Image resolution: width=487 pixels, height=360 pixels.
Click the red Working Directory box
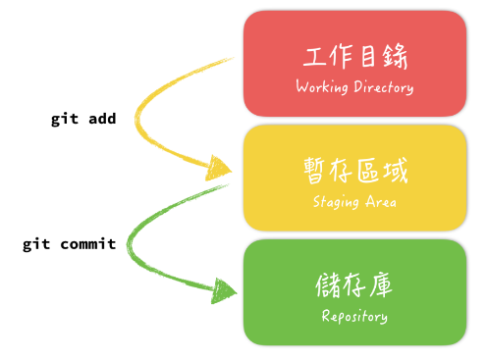tap(354, 64)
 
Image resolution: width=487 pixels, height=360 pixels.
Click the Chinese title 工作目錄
tap(354, 55)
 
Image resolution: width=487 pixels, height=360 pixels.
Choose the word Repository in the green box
tap(354, 317)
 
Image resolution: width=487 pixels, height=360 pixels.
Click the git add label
tap(83, 119)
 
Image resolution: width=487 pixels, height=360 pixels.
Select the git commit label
tap(70, 244)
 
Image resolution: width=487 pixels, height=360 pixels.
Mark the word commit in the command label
tap(87, 244)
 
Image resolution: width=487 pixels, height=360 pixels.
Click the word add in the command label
tap(101, 119)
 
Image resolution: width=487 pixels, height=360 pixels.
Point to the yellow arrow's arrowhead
tap(222, 170)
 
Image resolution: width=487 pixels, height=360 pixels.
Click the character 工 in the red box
tap(314, 55)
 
